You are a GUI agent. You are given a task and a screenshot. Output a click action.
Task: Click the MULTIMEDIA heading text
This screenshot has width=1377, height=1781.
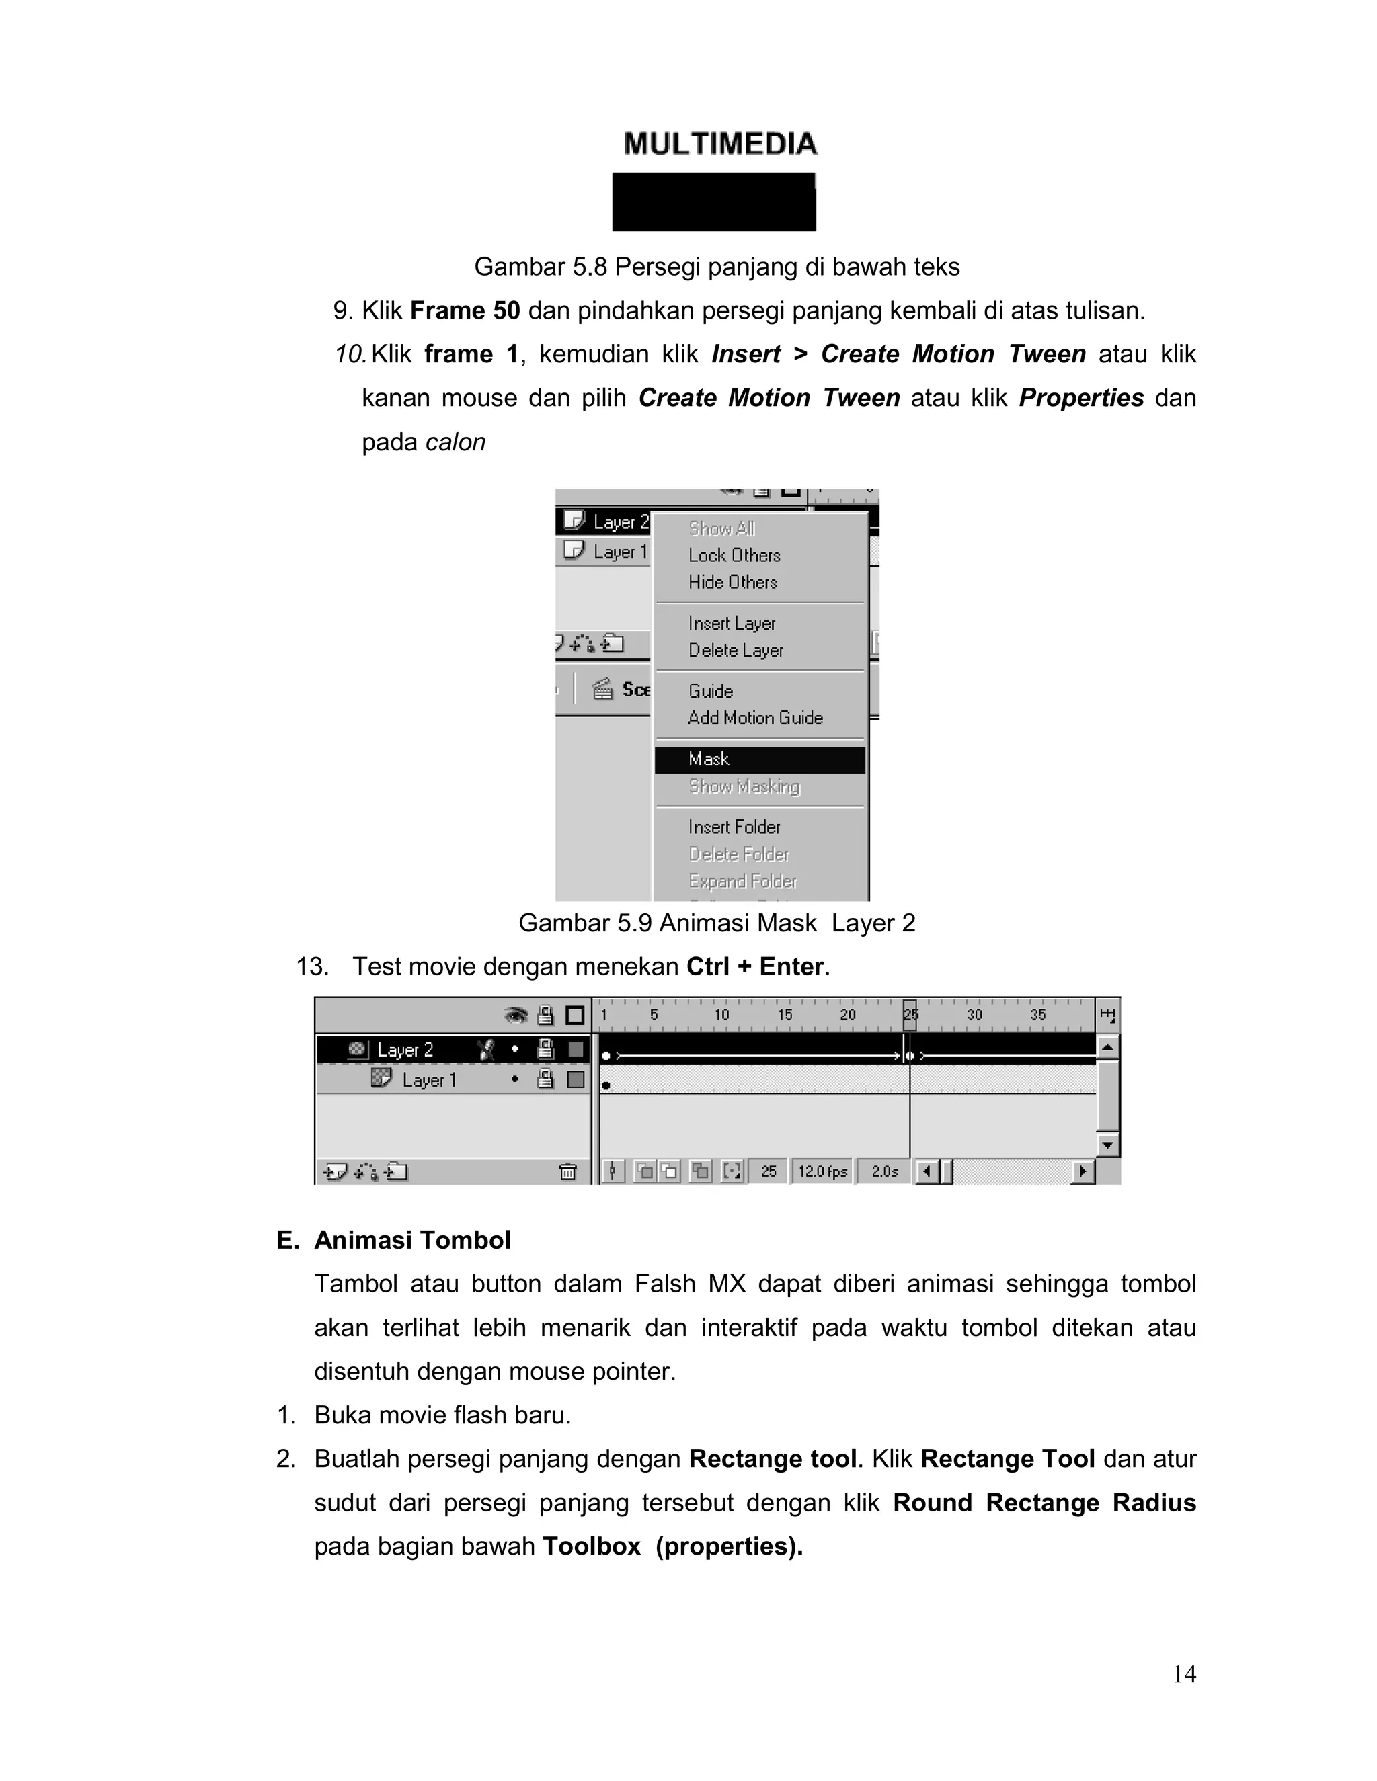(x=720, y=144)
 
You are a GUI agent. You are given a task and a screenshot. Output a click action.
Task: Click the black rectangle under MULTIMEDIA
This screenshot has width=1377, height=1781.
(x=714, y=202)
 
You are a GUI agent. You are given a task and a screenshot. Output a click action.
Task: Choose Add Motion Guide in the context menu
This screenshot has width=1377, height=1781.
(x=755, y=718)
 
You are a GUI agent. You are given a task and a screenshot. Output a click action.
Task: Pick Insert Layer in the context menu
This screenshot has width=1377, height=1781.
(x=732, y=624)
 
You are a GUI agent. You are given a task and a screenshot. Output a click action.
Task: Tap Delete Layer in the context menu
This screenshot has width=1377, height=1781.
(x=736, y=651)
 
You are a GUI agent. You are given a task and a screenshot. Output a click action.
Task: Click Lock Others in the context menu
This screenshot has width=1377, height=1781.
(x=734, y=555)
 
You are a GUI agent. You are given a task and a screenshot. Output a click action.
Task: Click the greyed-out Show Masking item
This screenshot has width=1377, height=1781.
(x=744, y=787)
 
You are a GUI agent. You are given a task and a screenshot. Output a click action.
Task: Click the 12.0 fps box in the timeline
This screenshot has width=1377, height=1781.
(x=822, y=1172)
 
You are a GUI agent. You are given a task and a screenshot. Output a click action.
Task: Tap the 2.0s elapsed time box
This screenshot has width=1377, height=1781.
(x=884, y=1172)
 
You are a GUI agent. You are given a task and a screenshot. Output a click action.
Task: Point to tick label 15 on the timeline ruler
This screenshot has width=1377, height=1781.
(x=785, y=1016)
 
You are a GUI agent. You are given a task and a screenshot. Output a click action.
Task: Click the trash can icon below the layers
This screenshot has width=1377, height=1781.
(x=567, y=1172)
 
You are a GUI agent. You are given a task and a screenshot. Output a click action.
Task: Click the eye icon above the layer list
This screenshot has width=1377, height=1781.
(x=516, y=1016)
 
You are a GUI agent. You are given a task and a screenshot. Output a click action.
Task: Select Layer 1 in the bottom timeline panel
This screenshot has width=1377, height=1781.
(x=429, y=1081)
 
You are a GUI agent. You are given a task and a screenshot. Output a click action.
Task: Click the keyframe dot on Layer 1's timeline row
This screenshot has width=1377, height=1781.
(x=606, y=1086)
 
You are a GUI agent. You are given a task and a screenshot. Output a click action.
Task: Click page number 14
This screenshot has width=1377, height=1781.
(x=1183, y=1674)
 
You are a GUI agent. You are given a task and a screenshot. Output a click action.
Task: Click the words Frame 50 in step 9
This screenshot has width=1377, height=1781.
(x=465, y=310)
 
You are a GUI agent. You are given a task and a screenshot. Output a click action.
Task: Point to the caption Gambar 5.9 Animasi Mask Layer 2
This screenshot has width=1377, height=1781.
(x=716, y=923)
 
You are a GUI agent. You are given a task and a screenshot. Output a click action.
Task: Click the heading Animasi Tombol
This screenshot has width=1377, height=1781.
(x=412, y=1241)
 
